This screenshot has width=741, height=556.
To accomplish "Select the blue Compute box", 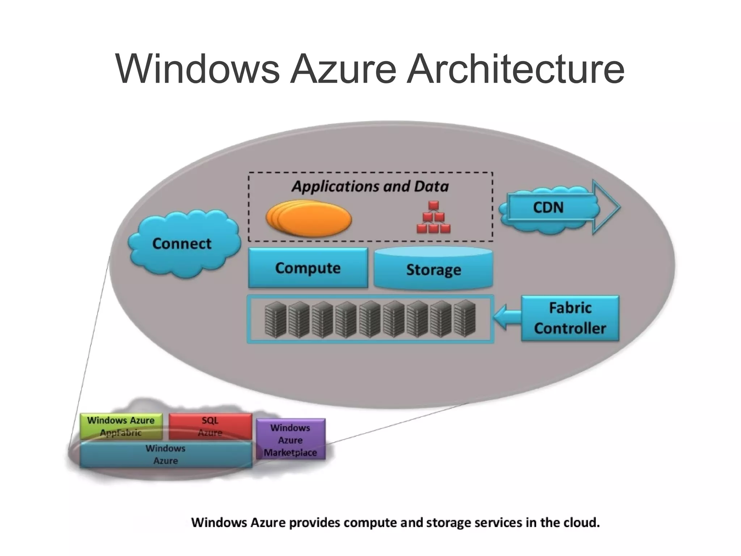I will click(x=308, y=268).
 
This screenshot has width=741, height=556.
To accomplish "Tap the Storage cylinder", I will click(x=433, y=269).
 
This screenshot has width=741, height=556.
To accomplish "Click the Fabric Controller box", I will click(x=570, y=318).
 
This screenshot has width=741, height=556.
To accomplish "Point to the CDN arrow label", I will click(x=548, y=208).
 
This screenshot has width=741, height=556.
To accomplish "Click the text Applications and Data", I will click(x=370, y=186).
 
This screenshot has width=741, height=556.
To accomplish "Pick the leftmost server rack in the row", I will click(x=275, y=319).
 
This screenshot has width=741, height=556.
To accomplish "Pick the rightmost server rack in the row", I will click(x=465, y=319).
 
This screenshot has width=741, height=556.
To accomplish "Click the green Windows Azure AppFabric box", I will click(x=121, y=426).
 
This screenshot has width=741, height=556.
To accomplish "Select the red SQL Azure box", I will click(x=210, y=426).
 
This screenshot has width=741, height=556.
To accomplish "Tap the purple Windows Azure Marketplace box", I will click(x=291, y=440).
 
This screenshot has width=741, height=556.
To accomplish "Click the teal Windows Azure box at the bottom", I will click(x=165, y=455).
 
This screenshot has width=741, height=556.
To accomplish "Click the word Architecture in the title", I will click(x=515, y=69).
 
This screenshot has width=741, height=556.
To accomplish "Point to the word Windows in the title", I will click(x=198, y=69).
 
